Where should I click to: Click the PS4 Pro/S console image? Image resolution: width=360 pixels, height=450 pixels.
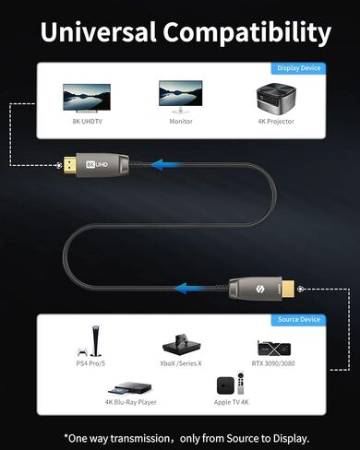pos(91,342)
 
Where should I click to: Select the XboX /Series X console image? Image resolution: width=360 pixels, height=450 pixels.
pos(181,346)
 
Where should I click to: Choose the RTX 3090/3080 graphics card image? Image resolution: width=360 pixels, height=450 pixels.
pos(274,348)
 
